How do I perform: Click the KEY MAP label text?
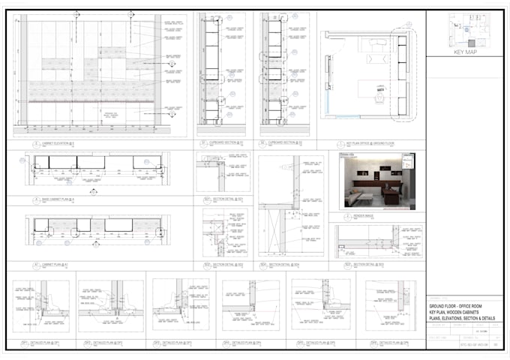[x=465, y=52]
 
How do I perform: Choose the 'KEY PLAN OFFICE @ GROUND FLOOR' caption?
[x=369, y=142]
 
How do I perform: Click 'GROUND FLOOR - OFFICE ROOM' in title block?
[x=459, y=308]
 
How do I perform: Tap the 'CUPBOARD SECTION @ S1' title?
[x=220, y=142]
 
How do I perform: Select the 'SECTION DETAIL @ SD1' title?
[x=225, y=199]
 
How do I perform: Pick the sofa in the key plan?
[x=373, y=46]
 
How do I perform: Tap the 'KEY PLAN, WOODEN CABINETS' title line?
[x=459, y=314]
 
